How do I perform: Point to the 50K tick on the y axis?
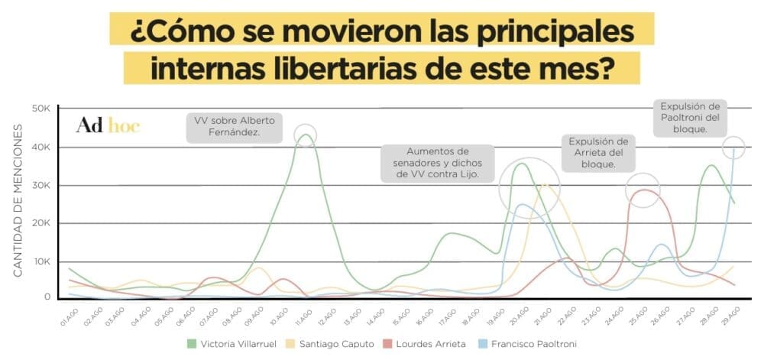[39, 109]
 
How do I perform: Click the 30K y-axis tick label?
[39, 185]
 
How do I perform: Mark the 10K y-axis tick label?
[39, 261]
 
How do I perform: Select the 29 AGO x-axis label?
[730, 315]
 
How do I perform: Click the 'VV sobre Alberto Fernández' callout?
[232, 127]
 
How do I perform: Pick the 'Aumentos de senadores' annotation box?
[437, 163]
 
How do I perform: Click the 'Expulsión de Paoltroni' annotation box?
[691, 118]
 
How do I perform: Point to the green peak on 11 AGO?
[306, 135]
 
